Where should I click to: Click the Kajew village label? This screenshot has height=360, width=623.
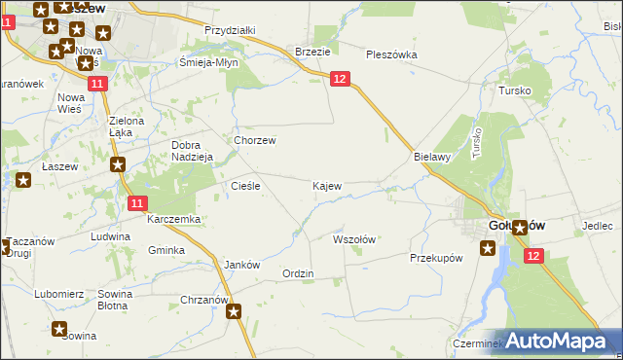(x=326, y=185)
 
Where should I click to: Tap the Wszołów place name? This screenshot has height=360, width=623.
(x=354, y=238)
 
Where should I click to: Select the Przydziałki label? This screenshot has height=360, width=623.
(x=230, y=30)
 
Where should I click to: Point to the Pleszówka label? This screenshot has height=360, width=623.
(x=391, y=54)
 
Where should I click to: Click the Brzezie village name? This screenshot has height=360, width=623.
(x=312, y=52)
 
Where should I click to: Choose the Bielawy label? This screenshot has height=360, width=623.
(x=429, y=156)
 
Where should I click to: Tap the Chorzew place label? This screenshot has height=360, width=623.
(x=254, y=140)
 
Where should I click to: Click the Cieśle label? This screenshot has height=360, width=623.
(x=243, y=185)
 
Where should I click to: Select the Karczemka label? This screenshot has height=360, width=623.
(x=173, y=220)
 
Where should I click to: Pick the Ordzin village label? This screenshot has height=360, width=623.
(x=298, y=273)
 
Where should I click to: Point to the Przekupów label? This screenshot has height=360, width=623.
(x=435, y=258)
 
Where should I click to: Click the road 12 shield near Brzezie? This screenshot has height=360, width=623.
(x=339, y=79)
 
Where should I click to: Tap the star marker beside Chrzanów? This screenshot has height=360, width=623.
(x=235, y=312)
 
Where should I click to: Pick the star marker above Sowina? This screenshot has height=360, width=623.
(x=59, y=329)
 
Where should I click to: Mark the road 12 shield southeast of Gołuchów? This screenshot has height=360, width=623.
(x=532, y=255)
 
